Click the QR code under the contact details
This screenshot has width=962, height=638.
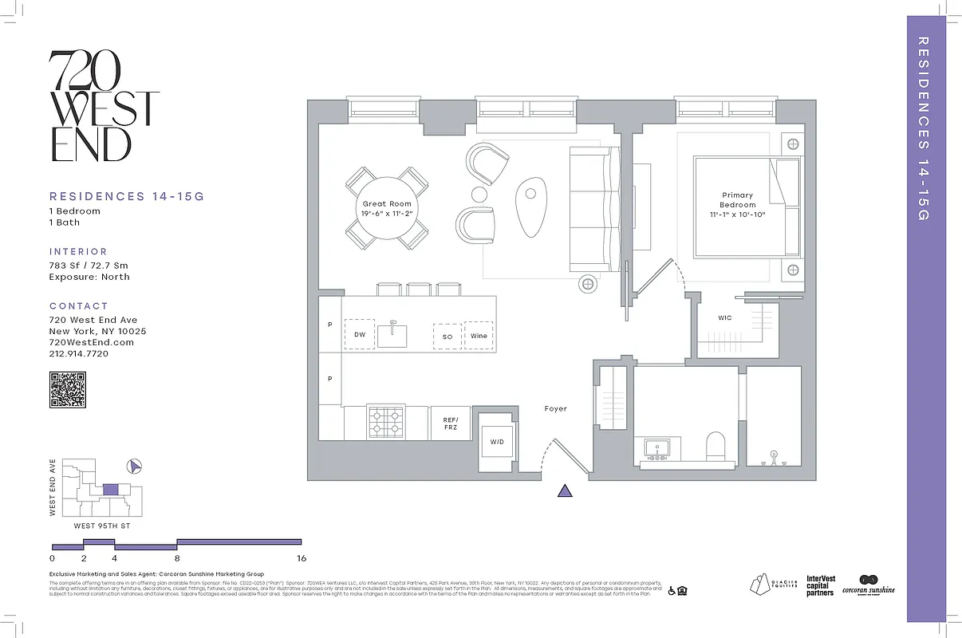tap(68, 390)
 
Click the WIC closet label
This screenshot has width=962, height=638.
tap(724, 318)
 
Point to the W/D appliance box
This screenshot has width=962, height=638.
tap(496, 441)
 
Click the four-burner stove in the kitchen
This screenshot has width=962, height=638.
tap(385, 421)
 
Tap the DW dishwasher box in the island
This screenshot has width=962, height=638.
tap(360, 335)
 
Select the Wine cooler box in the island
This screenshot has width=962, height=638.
tap(479, 336)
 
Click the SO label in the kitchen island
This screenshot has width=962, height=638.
tap(447, 337)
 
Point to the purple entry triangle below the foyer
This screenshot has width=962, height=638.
tap(565, 490)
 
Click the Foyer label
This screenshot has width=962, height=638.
tap(555, 409)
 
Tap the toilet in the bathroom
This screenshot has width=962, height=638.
tap(715, 447)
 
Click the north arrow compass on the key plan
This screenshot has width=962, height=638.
tap(135, 466)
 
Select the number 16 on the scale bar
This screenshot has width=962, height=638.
tap(301, 558)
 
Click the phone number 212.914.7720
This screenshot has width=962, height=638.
tap(79, 353)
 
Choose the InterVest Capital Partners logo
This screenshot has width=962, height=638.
tap(820, 586)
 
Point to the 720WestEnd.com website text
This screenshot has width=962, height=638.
tap(91, 342)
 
